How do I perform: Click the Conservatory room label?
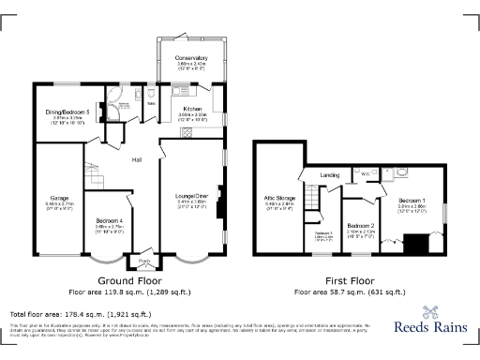tap(190, 58)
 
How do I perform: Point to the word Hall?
tap(136, 159)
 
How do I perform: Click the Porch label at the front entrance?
tap(143, 261)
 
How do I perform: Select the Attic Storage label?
tap(280, 199)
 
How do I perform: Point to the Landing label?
tap(329, 175)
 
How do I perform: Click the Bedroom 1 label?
tap(411, 201)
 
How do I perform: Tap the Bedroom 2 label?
tap(361, 226)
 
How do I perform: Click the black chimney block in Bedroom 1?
tap(413, 245)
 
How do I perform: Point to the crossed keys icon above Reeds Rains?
tap(432, 314)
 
